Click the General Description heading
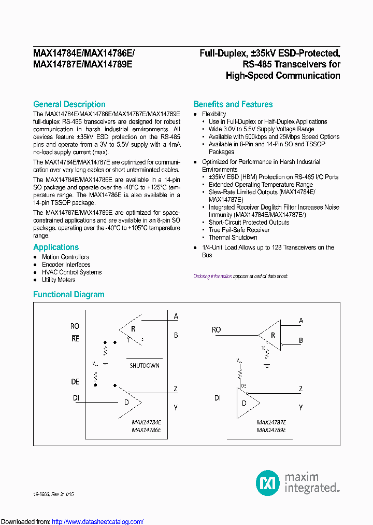(69, 104)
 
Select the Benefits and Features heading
(233, 104)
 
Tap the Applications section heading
(56, 247)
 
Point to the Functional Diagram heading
(69, 295)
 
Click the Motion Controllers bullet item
(65, 257)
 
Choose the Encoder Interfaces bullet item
(66, 265)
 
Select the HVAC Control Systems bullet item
(71, 272)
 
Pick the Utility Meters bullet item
(59, 280)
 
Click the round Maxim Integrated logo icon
(268, 482)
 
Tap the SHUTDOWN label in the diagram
(144, 366)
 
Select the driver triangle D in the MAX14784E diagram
(127, 402)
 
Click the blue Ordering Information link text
(212, 277)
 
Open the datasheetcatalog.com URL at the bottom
(98, 521)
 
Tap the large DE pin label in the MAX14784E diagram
(75, 382)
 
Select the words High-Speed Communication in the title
(283, 76)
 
